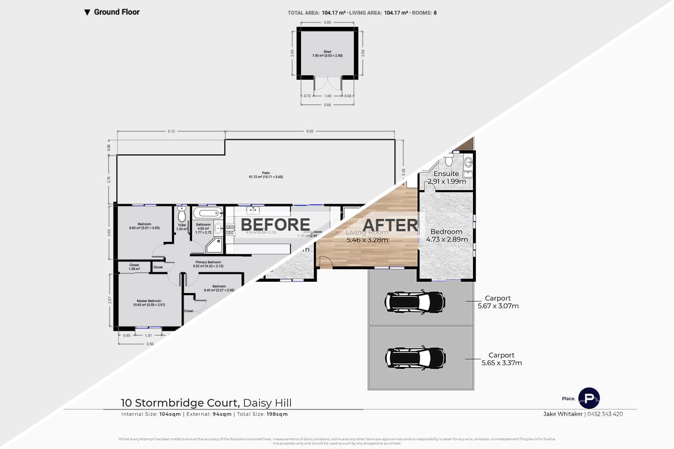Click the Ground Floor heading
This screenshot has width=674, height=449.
click(116, 12)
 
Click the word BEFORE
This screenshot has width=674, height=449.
click(275, 224)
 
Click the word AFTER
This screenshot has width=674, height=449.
click(390, 225)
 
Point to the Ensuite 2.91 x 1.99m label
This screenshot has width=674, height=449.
click(446, 178)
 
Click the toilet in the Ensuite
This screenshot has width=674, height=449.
click(448, 162)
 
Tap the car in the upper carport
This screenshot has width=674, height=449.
click(415, 302)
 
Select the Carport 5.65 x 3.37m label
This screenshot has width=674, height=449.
click(502, 359)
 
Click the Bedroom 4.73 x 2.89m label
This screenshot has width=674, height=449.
click(446, 235)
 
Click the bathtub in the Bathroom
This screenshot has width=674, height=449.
click(207, 214)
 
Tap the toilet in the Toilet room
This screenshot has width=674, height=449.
click(181, 214)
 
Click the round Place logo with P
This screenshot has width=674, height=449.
click(589, 397)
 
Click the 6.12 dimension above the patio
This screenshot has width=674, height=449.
click(171, 131)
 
